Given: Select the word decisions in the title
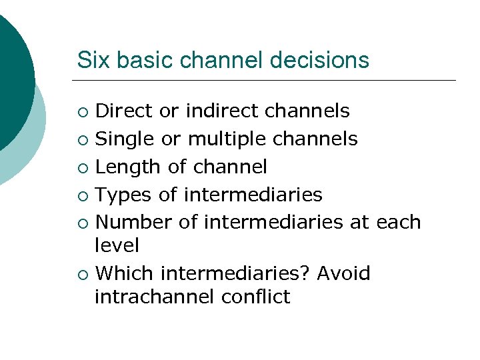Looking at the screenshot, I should click(x=319, y=60).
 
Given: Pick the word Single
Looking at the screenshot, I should click(x=125, y=139).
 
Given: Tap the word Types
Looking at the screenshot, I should click(x=121, y=195).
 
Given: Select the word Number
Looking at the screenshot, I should click(x=134, y=222).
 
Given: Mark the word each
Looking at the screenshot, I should click(x=399, y=222).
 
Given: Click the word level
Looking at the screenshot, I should click(x=117, y=245).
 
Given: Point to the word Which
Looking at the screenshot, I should click(x=125, y=273).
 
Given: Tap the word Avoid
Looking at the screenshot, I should click(x=343, y=273).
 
